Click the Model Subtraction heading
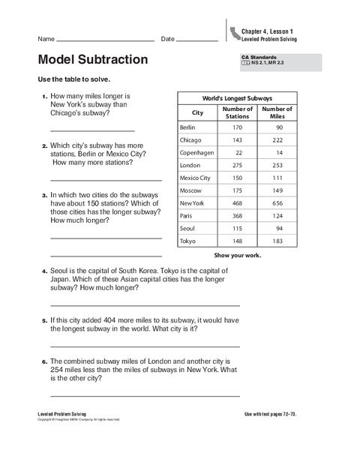point(92,60)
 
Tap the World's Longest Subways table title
point(237,99)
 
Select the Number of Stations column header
point(237,113)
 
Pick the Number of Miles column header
point(277,113)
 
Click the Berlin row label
point(188,127)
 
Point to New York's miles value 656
point(277,203)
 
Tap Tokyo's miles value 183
point(277,241)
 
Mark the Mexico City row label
point(195,178)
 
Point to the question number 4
point(44,271)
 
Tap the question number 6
point(44,361)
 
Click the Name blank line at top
point(105,40)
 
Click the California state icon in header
point(235,32)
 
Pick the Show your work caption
point(237,255)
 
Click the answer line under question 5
point(145,346)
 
